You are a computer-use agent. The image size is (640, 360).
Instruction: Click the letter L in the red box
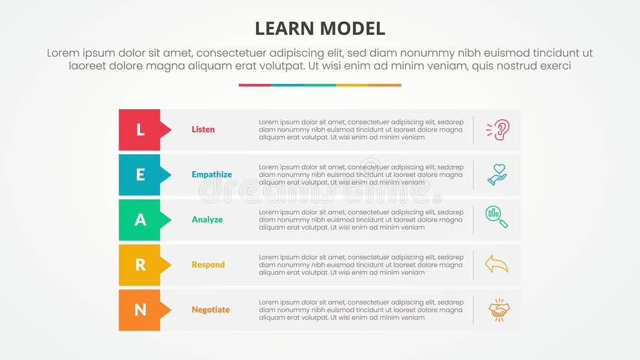(x=140, y=130)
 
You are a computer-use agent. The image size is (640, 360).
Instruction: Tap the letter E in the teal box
(x=140, y=175)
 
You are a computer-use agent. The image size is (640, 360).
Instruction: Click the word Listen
(x=203, y=130)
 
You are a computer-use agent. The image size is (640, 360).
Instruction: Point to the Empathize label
(x=212, y=175)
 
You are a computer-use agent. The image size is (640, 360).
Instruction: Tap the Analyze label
(x=207, y=220)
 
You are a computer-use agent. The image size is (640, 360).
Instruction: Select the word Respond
(x=208, y=265)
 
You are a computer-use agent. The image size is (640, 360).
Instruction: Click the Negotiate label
(x=210, y=310)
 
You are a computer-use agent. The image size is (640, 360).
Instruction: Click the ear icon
(x=497, y=130)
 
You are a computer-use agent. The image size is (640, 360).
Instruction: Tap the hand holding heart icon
(x=497, y=175)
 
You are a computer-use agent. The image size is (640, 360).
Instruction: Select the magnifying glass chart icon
(x=497, y=217)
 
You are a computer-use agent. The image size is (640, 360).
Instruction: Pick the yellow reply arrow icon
(x=497, y=264)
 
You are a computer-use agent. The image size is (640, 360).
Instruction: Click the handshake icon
(x=498, y=310)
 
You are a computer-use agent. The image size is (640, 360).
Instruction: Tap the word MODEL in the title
(x=354, y=28)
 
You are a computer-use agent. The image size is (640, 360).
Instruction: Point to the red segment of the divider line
(x=255, y=85)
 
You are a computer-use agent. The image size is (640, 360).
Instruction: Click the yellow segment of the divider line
(x=352, y=85)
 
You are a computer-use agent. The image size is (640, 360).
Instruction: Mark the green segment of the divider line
(x=320, y=85)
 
